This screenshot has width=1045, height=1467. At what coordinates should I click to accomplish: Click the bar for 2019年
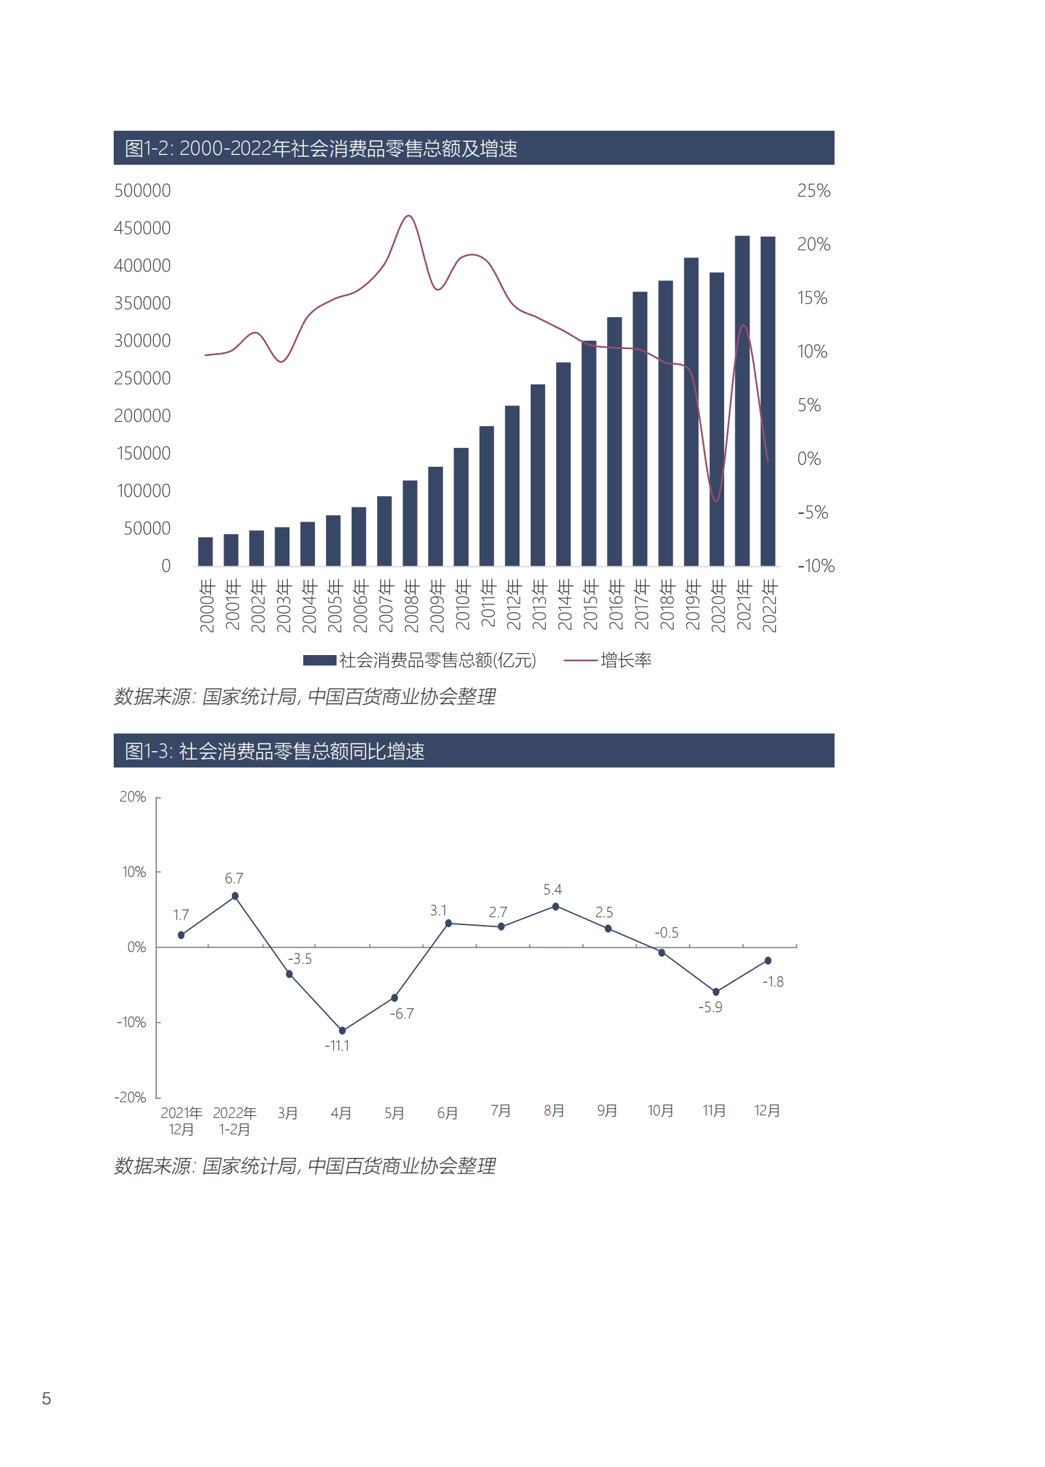click(x=691, y=412)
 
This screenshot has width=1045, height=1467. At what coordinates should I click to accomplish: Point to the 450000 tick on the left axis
click(x=142, y=228)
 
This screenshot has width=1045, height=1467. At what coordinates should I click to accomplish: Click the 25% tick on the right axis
click(x=813, y=191)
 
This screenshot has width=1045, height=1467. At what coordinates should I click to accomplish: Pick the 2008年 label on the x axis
click(x=411, y=605)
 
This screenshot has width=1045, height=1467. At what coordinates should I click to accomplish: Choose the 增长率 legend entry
click(x=608, y=660)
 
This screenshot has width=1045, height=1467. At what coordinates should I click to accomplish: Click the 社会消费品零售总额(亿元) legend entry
click(x=420, y=660)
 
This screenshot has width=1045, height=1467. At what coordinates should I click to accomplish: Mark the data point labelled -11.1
click(x=342, y=1030)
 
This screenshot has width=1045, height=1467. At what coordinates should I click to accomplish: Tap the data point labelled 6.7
click(x=235, y=896)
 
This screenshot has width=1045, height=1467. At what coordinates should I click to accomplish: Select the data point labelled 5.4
click(x=556, y=906)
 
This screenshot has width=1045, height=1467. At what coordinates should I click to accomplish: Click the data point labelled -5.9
click(x=716, y=992)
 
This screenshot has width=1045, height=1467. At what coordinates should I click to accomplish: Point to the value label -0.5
click(x=666, y=932)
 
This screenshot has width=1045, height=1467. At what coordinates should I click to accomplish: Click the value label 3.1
click(x=438, y=910)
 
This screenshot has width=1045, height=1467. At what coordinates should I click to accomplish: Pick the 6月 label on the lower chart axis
click(x=447, y=1113)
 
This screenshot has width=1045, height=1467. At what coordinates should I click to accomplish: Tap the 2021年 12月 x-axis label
click(x=181, y=1121)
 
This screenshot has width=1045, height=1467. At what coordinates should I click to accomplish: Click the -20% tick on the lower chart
click(x=131, y=1097)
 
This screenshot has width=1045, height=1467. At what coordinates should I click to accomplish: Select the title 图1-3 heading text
click(x=274, y=751)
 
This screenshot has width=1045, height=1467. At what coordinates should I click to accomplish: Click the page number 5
click(x=46, y=1398)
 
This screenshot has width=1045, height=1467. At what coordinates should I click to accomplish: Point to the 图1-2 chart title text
click(x=321, y=148)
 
